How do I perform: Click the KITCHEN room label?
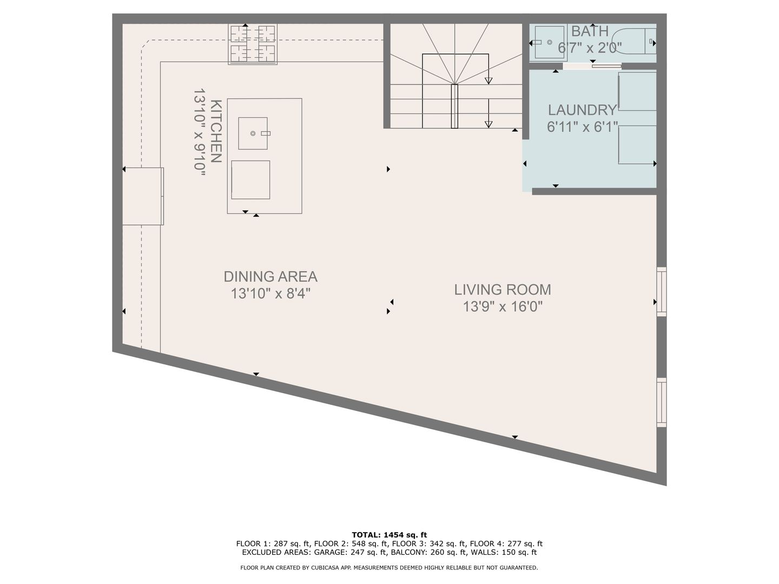click(x=216, y=131)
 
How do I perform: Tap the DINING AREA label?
click(x=270, y=276)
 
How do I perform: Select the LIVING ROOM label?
click(x=503, y=290)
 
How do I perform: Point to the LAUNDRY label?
click(x=582, y=110)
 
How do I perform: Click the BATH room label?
click(x=590, y=31)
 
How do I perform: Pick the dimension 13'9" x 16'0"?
click(x=503, y=307)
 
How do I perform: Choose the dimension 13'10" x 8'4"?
click(x=270, y=294)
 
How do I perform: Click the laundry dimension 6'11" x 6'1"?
click(x=583, y=127)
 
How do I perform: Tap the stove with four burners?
click(x=252, y=44)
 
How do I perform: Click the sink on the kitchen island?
click(x=253, y=134)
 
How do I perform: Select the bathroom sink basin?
click(x=550, y=42)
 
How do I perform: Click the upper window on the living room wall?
click(x=661, y=291)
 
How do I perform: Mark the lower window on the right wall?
click(x=661, y=402)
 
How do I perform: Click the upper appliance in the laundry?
click(x=637, y=91)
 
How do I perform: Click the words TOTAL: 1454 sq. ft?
click(x=389, y=535)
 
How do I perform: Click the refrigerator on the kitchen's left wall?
click(x=143, y=196)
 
